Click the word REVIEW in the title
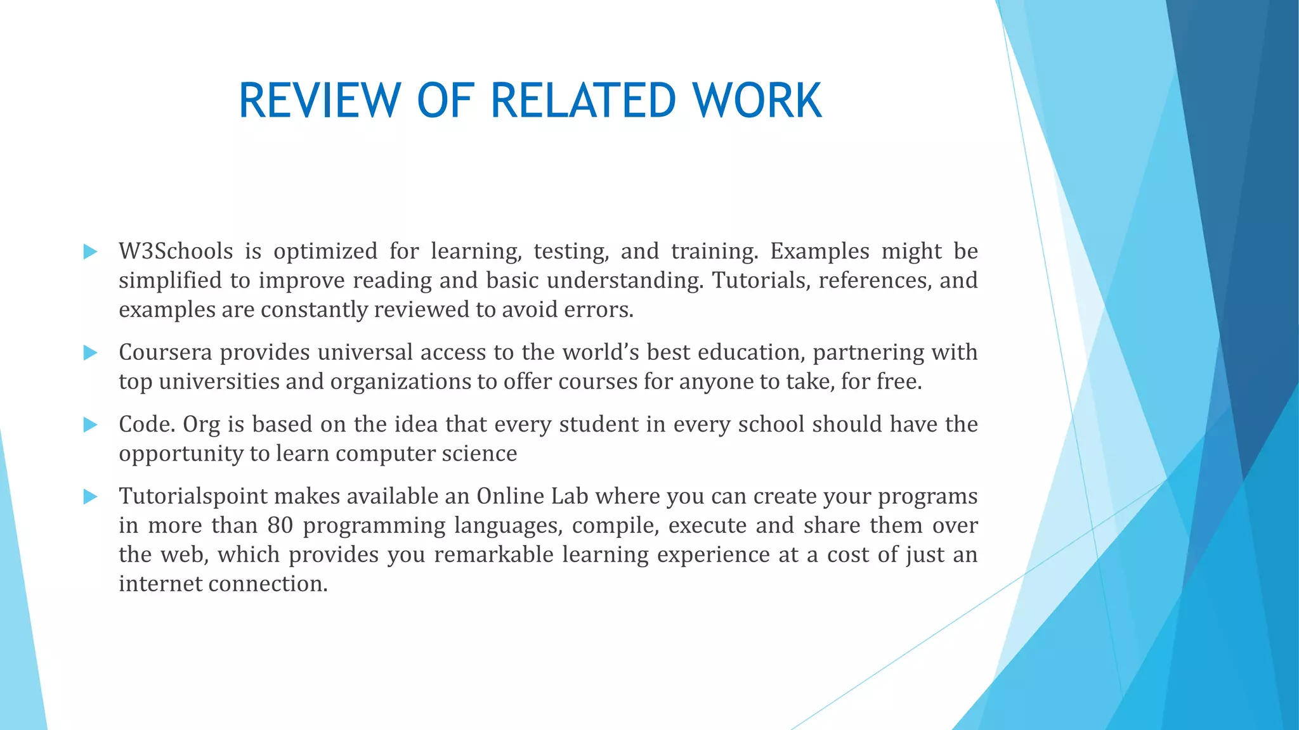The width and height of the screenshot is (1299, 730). pyautogui.click(x=319, y=101)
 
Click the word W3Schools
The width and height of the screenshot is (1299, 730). pyautogui.click(x=176, y=251)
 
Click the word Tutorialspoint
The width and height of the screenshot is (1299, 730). pyautogui.click(x=193, y=496)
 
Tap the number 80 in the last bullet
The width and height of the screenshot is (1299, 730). pyautogui.click(x=280, y=525)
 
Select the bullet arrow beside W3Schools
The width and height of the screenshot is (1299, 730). pyautogui.click(x=90, y=252)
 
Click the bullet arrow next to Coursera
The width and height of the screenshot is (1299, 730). pyautogui.click(x=90, y=352)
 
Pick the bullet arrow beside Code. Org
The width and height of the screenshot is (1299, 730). pyautogui.click(x=90, y=425)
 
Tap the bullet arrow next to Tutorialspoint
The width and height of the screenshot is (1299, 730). pyautogui.click(x=90, y=497)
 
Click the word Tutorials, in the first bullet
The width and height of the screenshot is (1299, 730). pyautogui.click(x=761, y=280)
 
